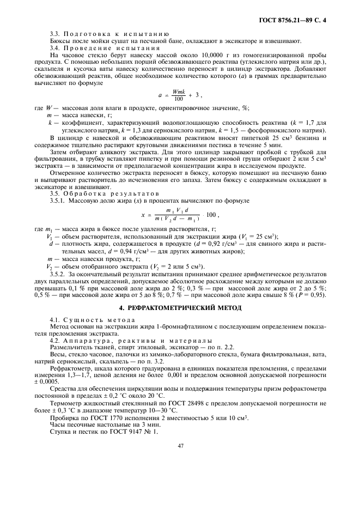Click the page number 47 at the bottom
[x=180, y=445]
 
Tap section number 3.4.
[x=55, y=48]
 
